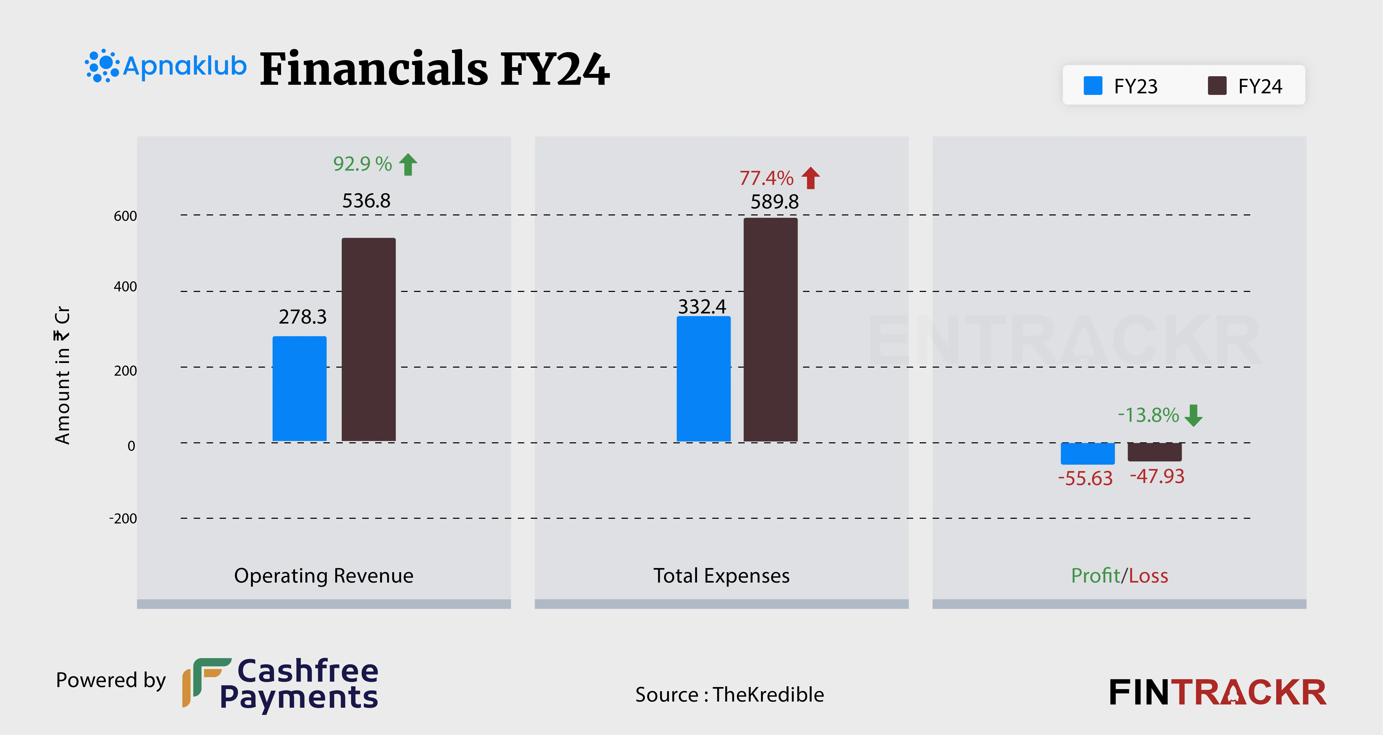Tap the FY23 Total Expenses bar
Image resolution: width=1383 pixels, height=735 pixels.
click(703, 379)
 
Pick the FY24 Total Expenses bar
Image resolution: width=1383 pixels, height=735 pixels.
click(770, 330)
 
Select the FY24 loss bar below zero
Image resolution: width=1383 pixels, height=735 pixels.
click(1154, 452)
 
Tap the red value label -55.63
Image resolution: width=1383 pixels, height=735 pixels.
click(1085, 478)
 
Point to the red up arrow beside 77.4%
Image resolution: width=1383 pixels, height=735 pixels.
click(811, 178)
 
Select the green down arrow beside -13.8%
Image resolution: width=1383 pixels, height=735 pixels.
click(1193, 415)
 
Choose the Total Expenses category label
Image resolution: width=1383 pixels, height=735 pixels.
click(721, 576)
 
